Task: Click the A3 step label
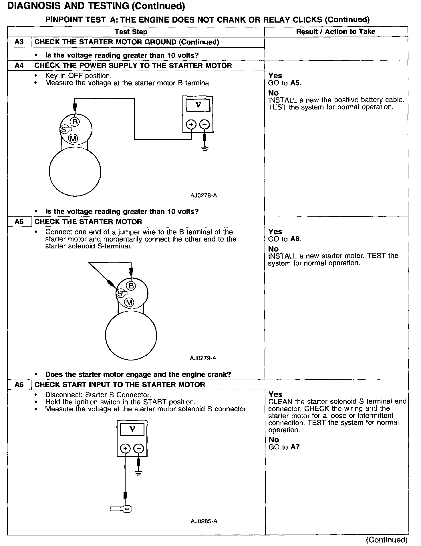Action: [19, 42]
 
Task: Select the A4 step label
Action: [19, 65]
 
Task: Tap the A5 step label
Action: [19, 222]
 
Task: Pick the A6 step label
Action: [19, 384]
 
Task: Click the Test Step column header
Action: [131, 32]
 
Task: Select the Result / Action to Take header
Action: [335, 31]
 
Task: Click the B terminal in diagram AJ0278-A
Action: [75, 122]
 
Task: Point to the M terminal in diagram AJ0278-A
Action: [73, 139]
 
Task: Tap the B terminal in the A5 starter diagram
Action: [131, 286]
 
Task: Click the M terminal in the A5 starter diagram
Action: [130, 302]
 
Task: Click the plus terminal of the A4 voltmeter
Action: [191, 124]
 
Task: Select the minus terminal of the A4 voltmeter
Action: [204, 124]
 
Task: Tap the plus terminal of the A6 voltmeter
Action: [125, 448]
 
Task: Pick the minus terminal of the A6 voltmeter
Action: [138, 448]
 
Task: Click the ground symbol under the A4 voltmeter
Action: [204, 148]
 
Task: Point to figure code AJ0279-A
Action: [203, 358]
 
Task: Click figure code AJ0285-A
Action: [204, 521]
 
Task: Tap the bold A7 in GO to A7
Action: [295, 447]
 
